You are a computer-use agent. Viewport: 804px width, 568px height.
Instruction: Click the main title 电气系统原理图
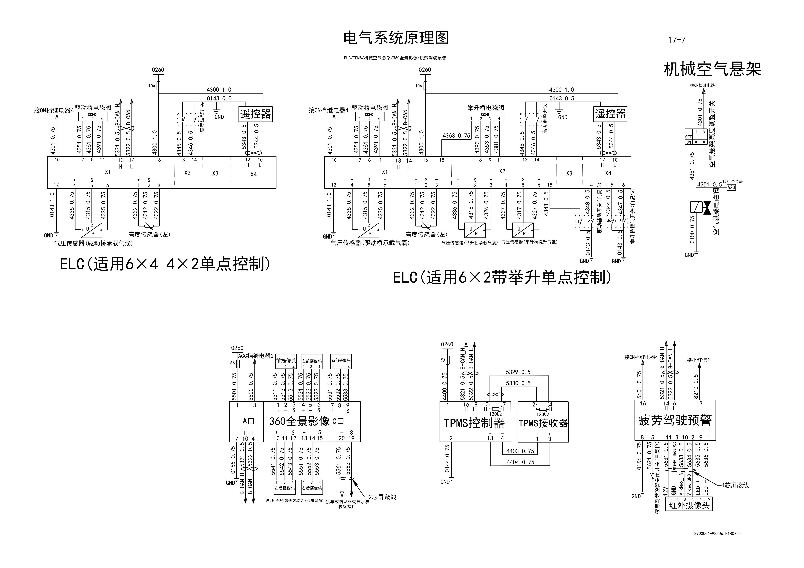396,38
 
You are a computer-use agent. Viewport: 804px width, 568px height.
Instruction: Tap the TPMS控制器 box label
474,423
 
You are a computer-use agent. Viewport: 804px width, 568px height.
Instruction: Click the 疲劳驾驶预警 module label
675,420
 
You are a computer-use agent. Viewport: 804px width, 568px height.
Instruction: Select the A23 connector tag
731,187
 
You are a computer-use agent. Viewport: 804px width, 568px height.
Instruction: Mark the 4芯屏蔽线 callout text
735,485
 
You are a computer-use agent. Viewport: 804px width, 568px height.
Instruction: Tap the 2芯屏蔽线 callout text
382,497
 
